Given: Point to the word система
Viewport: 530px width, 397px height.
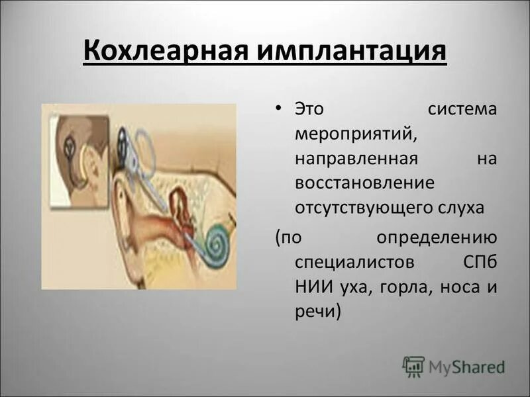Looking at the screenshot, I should (x=462, y=109).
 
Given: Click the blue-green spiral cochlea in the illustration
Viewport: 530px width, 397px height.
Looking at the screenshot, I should (x=216, y=242).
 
